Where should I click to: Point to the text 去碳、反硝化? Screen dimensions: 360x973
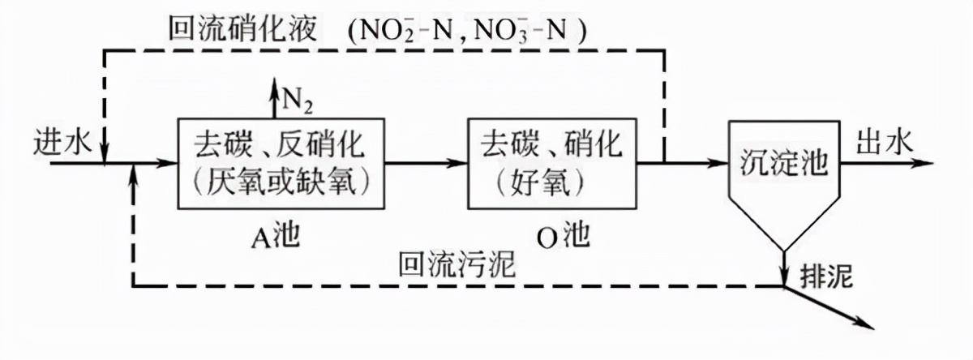[279, 147]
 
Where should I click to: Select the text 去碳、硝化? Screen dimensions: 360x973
[551, 147]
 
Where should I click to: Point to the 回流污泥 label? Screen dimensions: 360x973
[455, 264]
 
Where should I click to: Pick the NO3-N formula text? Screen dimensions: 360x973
[516, 30]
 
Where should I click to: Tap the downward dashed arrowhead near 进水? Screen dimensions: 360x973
[105, 153]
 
